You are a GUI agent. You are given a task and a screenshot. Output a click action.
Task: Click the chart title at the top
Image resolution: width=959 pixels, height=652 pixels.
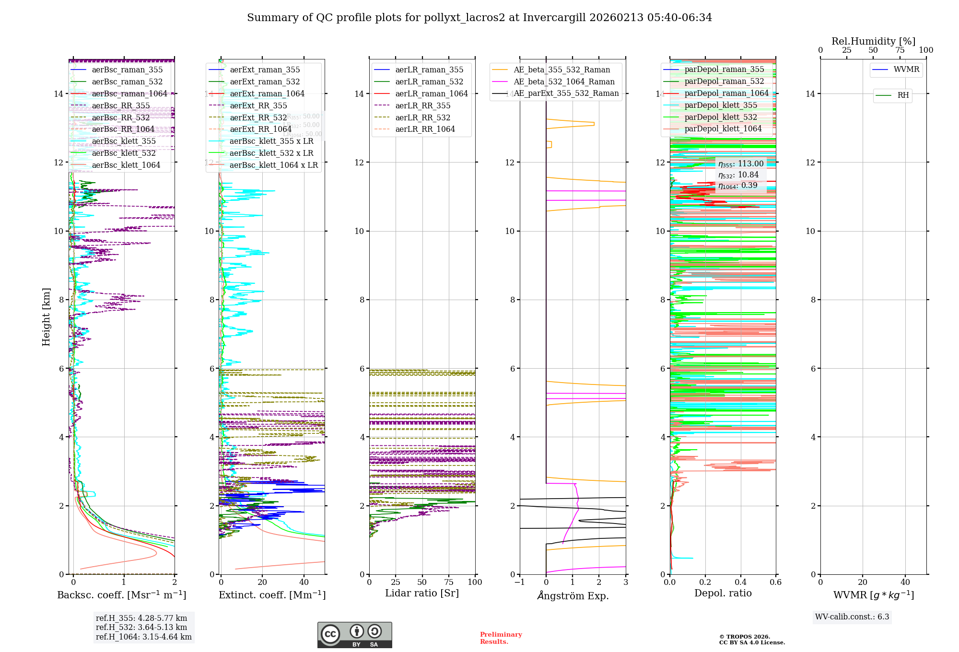click(479, 18)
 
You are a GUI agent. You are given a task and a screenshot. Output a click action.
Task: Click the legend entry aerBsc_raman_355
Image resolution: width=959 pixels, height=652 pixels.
click(127, 70)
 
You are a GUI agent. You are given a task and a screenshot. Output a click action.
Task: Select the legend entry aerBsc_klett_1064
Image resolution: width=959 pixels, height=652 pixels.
click(126, 165)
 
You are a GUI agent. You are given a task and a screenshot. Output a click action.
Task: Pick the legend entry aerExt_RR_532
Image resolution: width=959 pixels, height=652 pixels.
click(258, 117)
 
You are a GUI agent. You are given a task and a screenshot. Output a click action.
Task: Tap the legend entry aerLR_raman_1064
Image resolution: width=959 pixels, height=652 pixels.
click(431, 94)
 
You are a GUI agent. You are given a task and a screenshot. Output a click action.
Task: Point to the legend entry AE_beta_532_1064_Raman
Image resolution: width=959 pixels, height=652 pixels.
click(564, 82)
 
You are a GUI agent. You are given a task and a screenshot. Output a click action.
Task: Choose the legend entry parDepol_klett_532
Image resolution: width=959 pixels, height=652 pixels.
click(721, 117)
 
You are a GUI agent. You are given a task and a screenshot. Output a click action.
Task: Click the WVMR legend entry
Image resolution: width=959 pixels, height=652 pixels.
click(906, 70)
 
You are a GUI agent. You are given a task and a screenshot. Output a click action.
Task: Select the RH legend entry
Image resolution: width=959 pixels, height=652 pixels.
click(903, 95)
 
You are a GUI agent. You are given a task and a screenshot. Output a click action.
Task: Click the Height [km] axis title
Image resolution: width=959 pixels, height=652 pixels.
click(46, 316)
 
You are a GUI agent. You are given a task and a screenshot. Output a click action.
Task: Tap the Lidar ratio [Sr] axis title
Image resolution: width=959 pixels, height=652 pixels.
click(422, 593)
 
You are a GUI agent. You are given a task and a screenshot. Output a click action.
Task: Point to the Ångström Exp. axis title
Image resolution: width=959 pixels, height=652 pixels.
click(573, 596)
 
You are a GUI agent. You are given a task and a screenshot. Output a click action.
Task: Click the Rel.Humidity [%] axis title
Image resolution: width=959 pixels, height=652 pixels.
click(873, 41)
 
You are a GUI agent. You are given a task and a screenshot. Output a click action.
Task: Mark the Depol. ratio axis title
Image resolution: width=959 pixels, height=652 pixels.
click(723, 593)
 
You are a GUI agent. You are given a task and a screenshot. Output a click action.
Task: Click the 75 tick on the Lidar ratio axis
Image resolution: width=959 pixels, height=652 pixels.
click(449, 582)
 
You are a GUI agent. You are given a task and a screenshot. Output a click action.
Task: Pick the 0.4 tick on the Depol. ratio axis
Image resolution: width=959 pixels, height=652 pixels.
click(740, 582)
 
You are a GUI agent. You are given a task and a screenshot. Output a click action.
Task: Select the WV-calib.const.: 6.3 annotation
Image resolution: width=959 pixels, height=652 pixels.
click(852, 617)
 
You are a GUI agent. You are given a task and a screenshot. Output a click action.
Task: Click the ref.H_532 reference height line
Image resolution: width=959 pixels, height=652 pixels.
click(141, 628)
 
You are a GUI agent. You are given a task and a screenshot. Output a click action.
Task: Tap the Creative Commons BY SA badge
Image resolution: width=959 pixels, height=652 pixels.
click(354, 635)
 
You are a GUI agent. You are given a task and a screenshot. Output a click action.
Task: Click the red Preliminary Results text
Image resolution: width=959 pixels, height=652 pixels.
click(501, 638)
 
